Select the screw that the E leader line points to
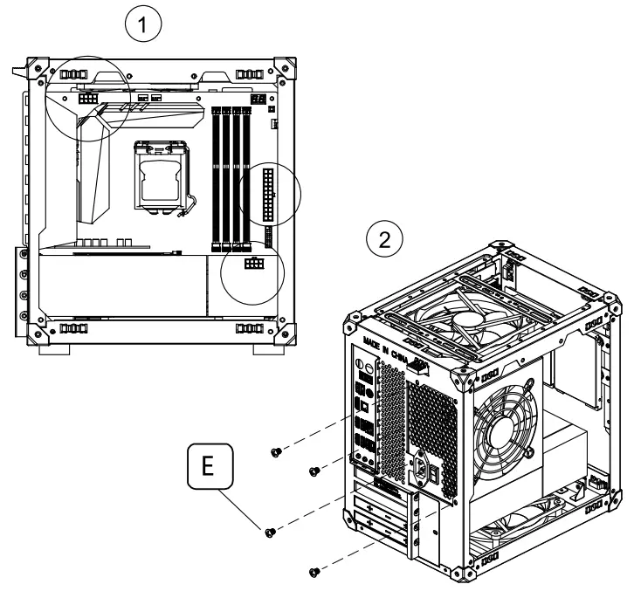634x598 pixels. (x=270, y=530)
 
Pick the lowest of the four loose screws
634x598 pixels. (x=314, y=572)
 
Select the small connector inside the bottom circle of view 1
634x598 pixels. (x=254, y=263)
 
